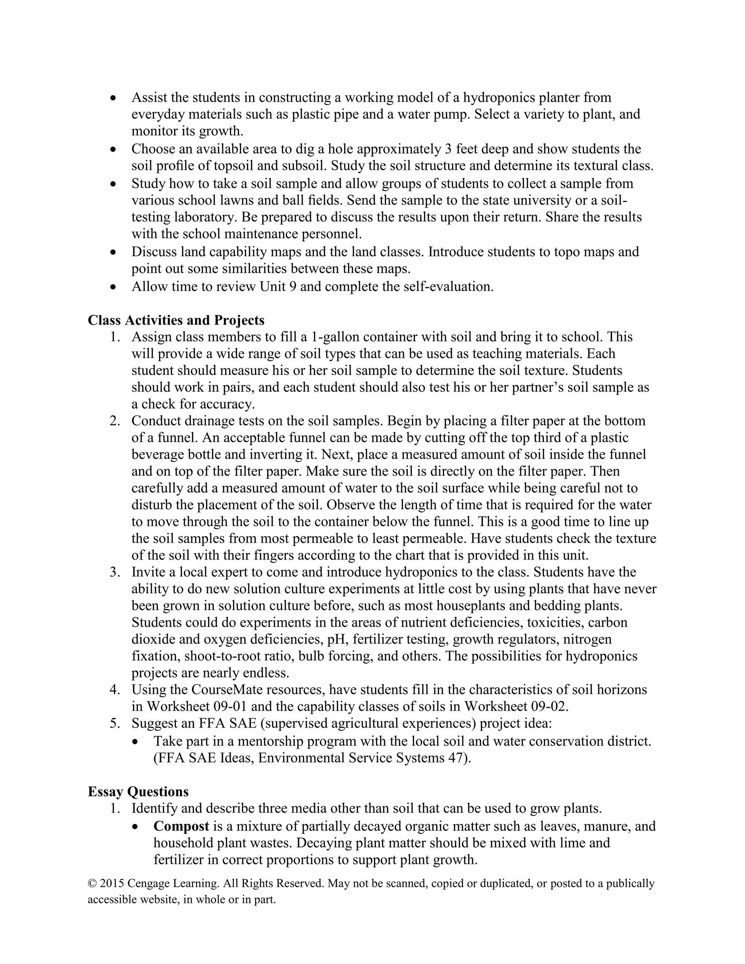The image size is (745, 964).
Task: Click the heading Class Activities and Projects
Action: point(176,320)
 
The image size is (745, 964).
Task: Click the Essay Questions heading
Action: point(138,792)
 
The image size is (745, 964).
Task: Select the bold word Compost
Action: point(181,826)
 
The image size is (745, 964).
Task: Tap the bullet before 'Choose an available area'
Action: point(113,150)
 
